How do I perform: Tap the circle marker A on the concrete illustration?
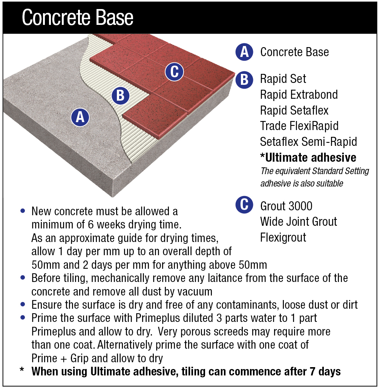[x=80, y=117]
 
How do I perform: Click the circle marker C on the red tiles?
[x=174, y=72]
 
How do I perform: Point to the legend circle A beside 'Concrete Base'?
[x=244, y=52]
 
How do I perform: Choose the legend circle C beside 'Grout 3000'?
[x=244, y=205]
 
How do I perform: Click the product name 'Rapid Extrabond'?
[x=299, y=95]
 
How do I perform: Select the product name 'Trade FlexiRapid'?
[x=299, y=126]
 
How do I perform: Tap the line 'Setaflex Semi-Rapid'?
[x=308, y=141]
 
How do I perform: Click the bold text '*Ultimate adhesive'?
[x=308, y=157]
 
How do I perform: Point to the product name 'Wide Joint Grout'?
[x=299, y=221]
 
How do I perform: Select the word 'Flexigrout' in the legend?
[x=283, y=237]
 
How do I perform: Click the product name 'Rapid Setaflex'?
[x=294, y=110]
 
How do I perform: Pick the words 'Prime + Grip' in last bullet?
[x=55, y=358]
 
